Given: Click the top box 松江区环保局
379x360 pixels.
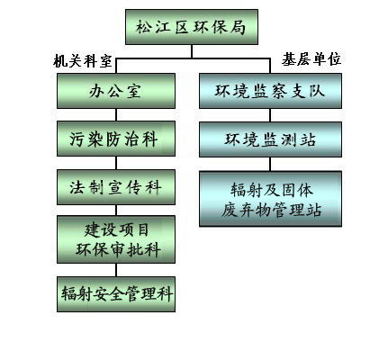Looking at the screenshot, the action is [192, 27].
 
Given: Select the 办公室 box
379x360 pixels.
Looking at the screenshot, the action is [116, 91].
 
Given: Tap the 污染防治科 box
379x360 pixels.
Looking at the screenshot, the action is [116, 139].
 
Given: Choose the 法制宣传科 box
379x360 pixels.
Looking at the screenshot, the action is [116, 187].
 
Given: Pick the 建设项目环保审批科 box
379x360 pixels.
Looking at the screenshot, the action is [116, 239].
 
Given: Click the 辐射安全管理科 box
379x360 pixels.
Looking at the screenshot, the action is [116, 294].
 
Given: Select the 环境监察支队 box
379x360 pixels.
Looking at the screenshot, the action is [270, 91].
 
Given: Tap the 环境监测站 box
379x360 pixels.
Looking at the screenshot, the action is [270, 139].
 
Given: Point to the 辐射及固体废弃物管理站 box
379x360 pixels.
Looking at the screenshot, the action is [270, 199].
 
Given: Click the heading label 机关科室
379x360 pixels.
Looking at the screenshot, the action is [83, 61].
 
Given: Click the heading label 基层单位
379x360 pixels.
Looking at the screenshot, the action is [311, 58].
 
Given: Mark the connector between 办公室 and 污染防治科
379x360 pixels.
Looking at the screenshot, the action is [116, 115].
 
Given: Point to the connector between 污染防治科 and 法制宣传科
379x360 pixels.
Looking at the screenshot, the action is [116, 163].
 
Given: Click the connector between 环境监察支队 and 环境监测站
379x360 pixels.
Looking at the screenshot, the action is [270, 115].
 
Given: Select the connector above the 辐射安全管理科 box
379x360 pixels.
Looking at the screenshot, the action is [116, 270].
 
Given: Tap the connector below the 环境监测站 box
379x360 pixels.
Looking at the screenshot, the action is [270, 164].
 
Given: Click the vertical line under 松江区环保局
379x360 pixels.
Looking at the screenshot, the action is [192, 51].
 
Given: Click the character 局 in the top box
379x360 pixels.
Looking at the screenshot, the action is [239, 27].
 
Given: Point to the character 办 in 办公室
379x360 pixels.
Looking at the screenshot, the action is [96, 91].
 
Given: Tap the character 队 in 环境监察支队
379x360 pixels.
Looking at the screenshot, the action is [317, 91].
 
